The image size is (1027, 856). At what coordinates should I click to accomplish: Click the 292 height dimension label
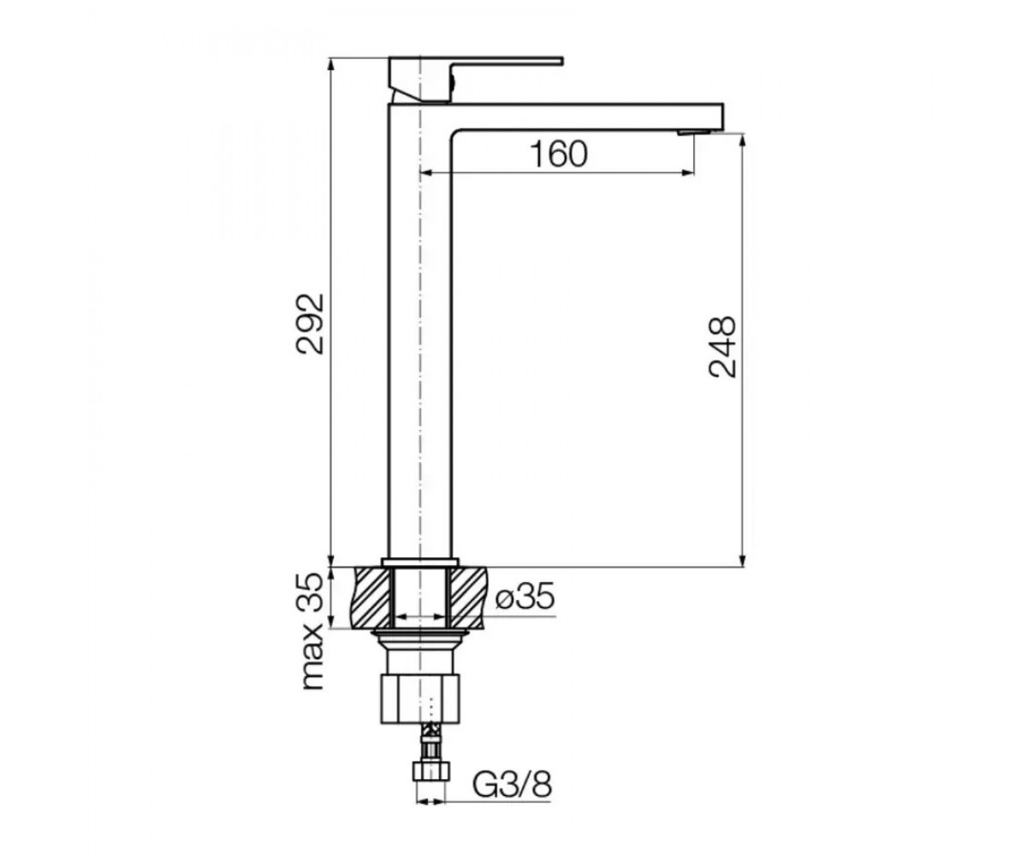click(311, 324)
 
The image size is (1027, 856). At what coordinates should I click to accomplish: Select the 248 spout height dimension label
click(722, 347)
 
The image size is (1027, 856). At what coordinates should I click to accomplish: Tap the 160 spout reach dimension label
click(559, 154)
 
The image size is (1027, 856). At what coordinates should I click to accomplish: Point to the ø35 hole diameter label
click(525, 597)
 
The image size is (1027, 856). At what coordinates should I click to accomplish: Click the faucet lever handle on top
click(475, 79)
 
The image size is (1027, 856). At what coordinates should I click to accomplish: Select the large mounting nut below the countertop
click(420, 698)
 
